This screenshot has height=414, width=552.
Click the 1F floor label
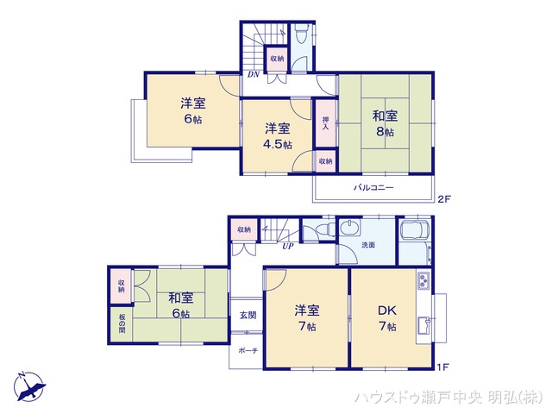(442, 367)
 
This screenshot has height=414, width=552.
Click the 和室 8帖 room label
(384, 122)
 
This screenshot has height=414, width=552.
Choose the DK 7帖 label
(386, 317)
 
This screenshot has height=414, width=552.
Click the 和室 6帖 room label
(180, 305)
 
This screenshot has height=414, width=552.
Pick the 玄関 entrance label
(247, 316)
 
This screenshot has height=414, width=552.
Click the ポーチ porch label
(247, 352)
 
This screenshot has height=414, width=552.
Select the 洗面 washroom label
(367, 245)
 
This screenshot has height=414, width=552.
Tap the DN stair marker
(254, 75)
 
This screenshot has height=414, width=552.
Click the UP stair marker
(287, 247)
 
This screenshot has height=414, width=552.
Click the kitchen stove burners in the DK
(423, 280)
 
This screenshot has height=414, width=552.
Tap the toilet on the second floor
(299, 36)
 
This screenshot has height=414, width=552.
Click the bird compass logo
(28, 386)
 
